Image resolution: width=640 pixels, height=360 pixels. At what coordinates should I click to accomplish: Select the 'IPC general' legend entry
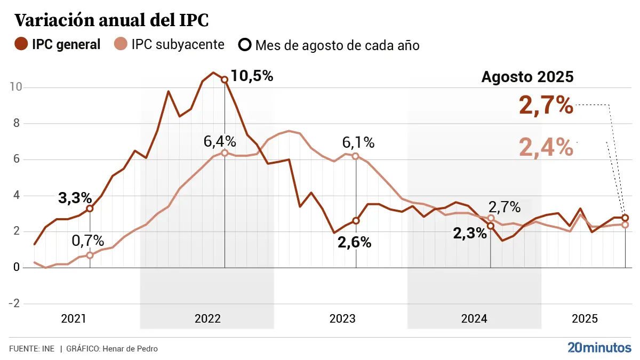click(x=58, y=45)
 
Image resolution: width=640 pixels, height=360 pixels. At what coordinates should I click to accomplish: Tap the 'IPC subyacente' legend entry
click(x=169, y=45)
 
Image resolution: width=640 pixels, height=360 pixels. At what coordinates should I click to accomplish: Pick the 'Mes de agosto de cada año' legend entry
click(x=329, y=45)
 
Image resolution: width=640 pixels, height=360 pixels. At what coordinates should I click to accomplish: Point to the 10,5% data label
click(x=252, y=76)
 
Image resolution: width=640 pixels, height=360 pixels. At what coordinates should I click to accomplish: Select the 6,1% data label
click(x=358, y=142)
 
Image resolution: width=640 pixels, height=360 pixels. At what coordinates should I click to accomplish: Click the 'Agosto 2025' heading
click(x=527, y=77)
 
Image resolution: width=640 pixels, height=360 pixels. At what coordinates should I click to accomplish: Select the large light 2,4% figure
click(x=546, y=147)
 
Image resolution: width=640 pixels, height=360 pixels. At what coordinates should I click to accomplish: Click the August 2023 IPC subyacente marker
click(x=356, y=156)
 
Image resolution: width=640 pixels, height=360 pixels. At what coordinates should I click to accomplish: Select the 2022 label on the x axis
click(x=207, y=319)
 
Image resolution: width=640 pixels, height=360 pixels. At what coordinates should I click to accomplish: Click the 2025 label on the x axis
click(x=585, y=319)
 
